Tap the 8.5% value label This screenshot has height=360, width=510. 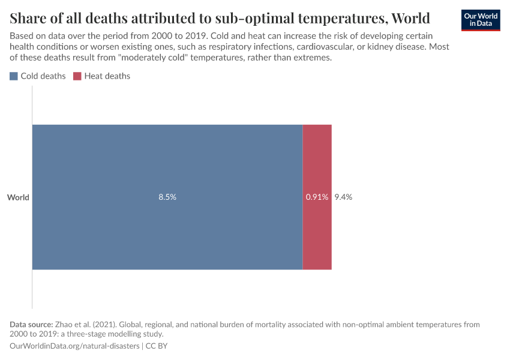pos(167,197)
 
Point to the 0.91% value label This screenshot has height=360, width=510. pos(317,197)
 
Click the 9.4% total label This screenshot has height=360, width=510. pos(343,197)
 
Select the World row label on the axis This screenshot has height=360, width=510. pos(18,197)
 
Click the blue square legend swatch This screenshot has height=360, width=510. pos(14,76)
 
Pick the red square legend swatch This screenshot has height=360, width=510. pos(77,76)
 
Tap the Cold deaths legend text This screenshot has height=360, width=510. pos(43,76)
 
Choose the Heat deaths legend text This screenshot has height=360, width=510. pos(107,76)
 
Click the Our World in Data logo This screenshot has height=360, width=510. pos(481,20)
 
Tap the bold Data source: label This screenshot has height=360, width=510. pos(31,324)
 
